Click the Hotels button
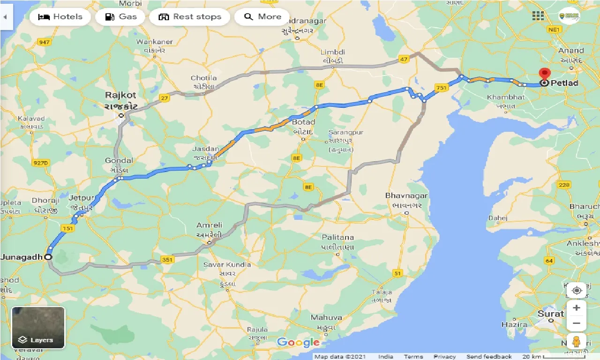pos(60,17)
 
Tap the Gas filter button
pos(120,17)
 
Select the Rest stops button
pos(189,17)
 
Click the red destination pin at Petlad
pos(544,75)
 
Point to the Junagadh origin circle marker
pos(48,257)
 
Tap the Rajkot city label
pos(120,95)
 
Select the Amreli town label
pos(209,225)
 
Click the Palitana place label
pos(337,238)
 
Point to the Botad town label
pos(303,122)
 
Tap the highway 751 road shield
pos(441,88)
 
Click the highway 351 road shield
pos(167,259)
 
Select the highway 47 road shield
pos(404,59)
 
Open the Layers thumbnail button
pos(38,328)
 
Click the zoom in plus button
pos(576,308)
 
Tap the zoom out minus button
pos(576,323)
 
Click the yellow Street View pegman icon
pos(576,341)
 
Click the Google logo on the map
pos(298,342)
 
